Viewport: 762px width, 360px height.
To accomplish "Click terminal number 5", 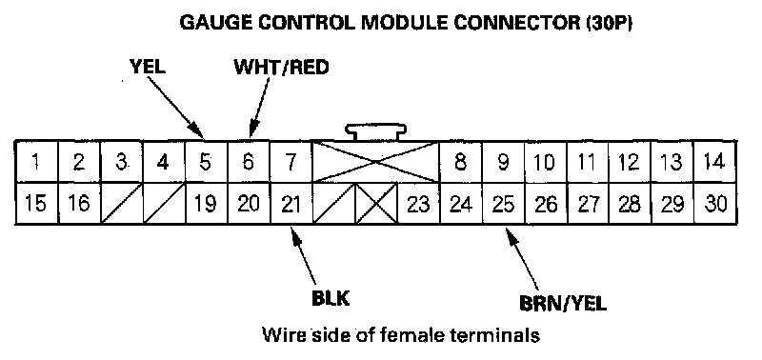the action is (206, 162).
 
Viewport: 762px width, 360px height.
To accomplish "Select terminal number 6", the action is (248, 162).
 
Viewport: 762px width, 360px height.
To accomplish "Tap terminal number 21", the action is (291, 205).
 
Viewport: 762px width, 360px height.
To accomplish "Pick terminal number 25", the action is (503, 205).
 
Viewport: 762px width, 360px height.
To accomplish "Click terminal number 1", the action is (35, 162).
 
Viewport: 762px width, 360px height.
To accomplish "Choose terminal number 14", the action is (714, 162).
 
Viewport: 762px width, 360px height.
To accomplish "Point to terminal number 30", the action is (715, 205).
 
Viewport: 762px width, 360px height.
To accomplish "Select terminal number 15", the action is (36, 205).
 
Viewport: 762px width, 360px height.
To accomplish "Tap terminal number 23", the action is (418, 205).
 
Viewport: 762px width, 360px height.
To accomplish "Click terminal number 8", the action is (460, 162).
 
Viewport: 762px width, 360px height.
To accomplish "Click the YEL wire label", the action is (148, 67).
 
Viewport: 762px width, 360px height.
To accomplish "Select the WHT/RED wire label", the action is (281, 67).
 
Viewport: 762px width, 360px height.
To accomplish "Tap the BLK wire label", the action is (331, 298).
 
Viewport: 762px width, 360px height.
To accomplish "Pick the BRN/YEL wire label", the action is (563, 304).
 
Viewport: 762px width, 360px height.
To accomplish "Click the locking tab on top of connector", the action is (375, 132).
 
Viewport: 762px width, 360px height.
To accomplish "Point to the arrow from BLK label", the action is (304, 255).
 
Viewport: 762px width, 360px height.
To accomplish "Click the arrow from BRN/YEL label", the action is (522, 258).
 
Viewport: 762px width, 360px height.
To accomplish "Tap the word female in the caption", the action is (415, 335).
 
